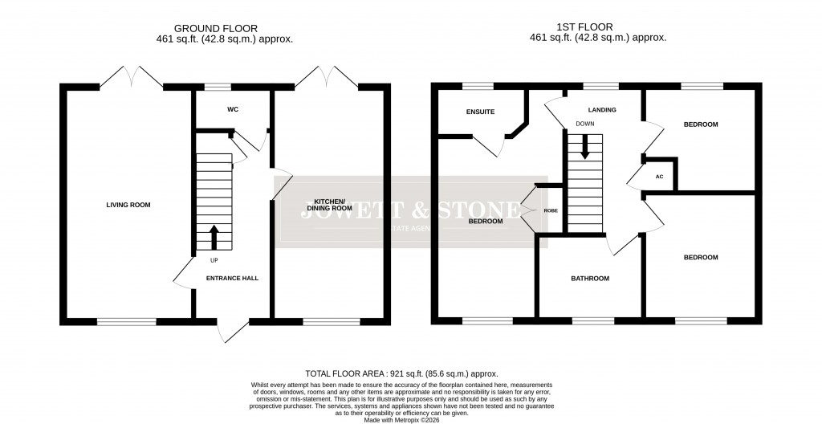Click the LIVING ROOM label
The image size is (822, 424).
(128, 205)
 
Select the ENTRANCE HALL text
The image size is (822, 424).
(232, 279)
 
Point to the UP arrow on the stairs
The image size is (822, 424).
(214, 238)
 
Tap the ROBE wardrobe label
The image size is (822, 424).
(550, 210)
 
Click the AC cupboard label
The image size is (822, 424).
(659, 176)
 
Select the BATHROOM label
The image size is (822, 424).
(590, 279)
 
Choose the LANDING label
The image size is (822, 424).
(601, 109)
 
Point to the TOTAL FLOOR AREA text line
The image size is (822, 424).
(401, 374)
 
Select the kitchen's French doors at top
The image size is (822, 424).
(327, 78)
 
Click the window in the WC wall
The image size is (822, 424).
(215, 86)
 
